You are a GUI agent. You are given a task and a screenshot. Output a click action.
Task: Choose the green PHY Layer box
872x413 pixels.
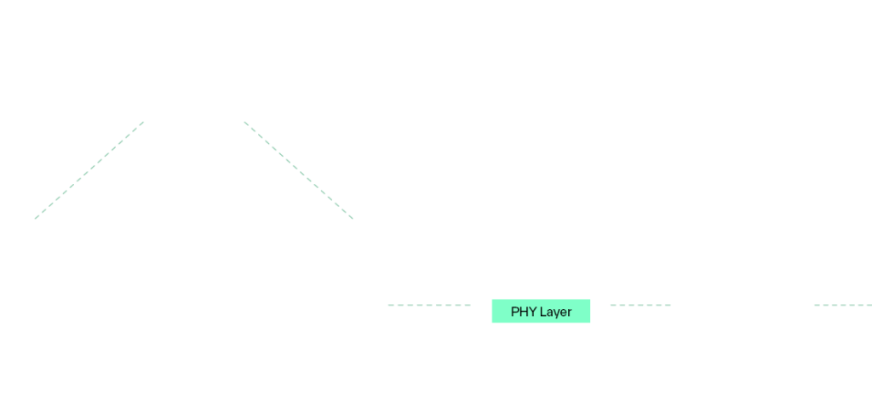click(x=541, y=312)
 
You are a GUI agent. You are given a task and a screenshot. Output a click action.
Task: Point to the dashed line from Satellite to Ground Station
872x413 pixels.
click(x=298, y=169)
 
